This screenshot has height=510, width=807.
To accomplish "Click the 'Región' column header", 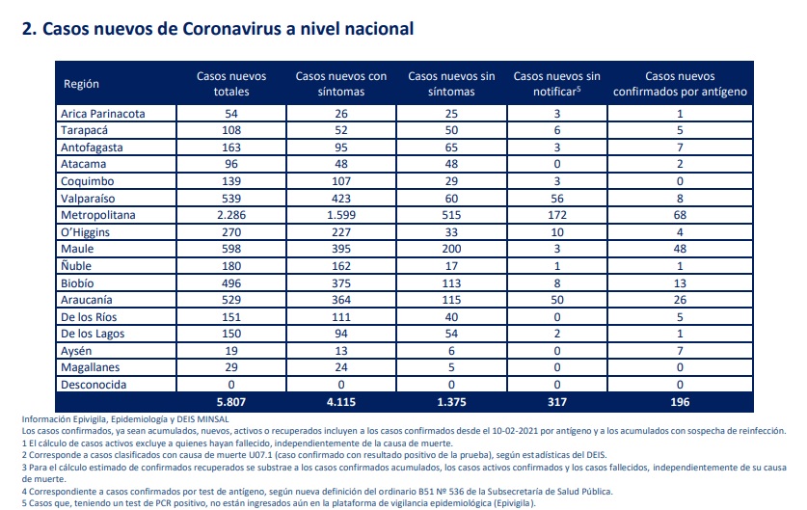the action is point(81,84).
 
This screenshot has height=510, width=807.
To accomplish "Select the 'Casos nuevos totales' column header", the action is point(231,84).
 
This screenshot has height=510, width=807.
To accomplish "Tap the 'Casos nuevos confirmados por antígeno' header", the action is point(680,84).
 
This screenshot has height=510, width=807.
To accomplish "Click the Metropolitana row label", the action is point(97,215).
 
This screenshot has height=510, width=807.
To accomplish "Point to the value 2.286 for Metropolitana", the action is point(231,215).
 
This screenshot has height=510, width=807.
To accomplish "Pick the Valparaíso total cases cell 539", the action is point(231,199).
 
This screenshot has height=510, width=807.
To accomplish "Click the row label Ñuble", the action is point(76,265).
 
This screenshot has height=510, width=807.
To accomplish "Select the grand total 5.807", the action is point(231,402).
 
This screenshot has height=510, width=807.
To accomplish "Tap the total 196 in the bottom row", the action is point(680,402).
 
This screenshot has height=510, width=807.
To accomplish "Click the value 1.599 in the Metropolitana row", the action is point(341,215).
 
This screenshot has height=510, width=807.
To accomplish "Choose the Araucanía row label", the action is point(87,300).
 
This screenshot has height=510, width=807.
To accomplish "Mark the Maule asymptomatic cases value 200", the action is point(451,249).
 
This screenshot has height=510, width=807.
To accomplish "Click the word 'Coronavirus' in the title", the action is point(231,29).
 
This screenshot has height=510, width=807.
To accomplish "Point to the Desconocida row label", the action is point(94,385).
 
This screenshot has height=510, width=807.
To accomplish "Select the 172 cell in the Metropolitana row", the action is point(557,215).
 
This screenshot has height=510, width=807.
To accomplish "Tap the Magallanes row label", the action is point(90,367).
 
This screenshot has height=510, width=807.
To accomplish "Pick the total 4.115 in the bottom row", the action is point(341,402).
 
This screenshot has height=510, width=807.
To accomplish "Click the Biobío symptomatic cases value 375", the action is point(341,283).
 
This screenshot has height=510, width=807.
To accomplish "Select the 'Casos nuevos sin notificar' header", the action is point(557,84).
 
